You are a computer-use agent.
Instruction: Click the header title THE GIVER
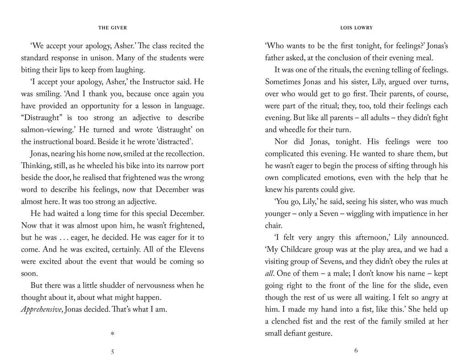[x=112, y=28]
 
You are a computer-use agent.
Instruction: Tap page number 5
[x=112, y=351]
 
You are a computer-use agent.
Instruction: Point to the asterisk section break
[x=112, y=334]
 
